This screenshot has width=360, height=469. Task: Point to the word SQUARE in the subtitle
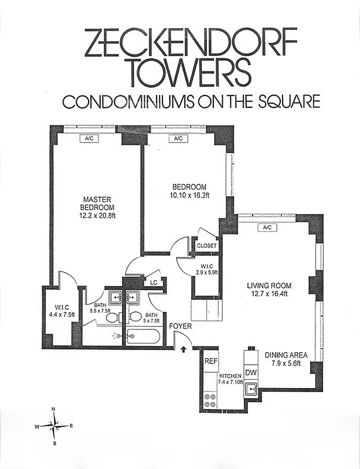pos(288,101)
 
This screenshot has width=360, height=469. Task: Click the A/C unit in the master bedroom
pos(90,138)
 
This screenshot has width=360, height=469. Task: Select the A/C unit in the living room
pos(267,227)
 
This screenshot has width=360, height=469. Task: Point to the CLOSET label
pos(206,246)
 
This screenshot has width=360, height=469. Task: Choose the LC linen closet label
pos(154,282)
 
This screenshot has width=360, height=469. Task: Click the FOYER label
pos(179,326)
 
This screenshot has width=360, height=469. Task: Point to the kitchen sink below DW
pos(252,389)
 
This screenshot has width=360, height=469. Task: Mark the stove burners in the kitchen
pos(210,400)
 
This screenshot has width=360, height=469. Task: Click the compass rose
pos(55,425)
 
